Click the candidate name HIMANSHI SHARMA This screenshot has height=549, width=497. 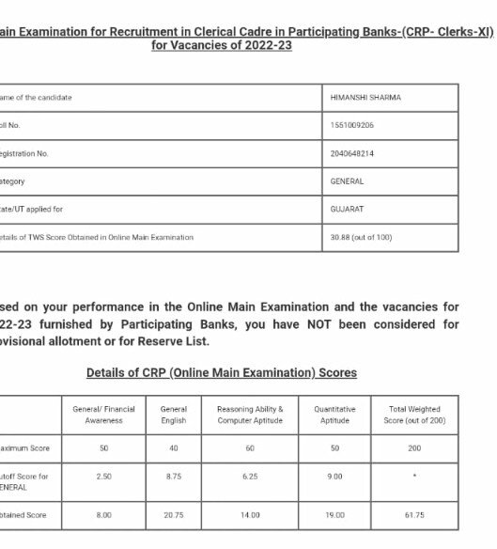click(365, 98)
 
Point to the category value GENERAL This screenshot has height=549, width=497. click(347, 181)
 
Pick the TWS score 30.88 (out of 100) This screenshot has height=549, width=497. click(365, 237)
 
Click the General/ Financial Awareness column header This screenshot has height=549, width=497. click(105, 415)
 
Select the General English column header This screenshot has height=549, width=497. click(174, 415)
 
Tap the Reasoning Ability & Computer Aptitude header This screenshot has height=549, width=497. click(249, 415)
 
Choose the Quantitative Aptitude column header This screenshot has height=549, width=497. click(334, 415)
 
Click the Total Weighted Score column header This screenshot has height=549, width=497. click(414, 415)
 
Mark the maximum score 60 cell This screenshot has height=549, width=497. click(249, 448)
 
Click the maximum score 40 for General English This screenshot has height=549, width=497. click(174, 448)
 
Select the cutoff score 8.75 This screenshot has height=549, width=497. click(174, 478)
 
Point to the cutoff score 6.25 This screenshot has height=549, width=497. click(249, 478)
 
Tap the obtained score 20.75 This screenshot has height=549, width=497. click(174, 515)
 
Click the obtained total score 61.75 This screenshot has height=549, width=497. click(414, 515)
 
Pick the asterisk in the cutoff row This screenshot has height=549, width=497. click(414, 478)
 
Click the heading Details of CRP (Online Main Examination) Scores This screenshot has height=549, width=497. click(222, 373)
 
